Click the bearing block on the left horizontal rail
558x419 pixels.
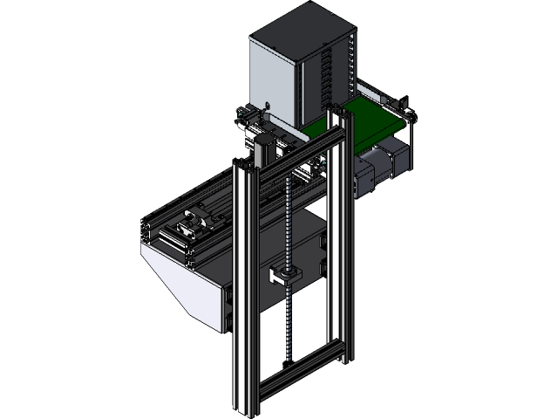(193, 226)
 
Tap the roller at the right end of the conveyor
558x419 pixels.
(410, 118)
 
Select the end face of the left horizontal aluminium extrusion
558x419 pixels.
(147, 232)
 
